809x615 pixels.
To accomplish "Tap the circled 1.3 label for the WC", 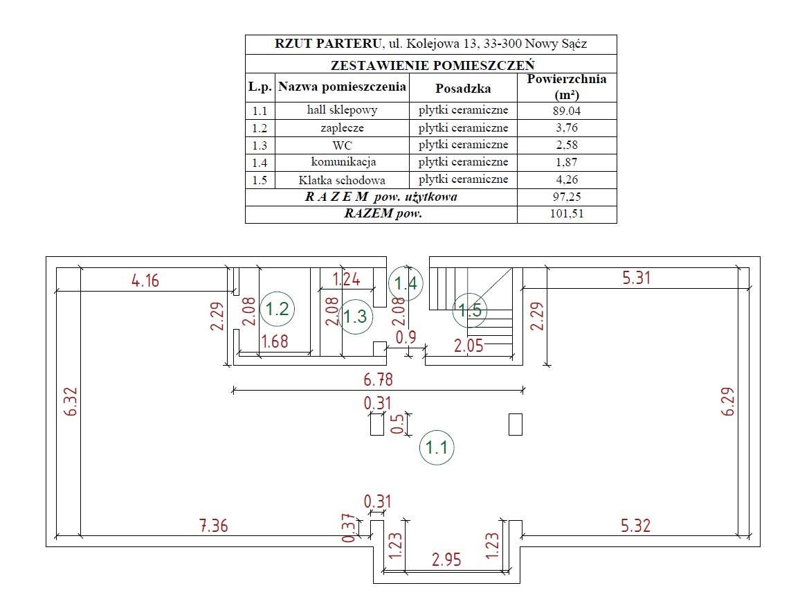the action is click(x=356, y=316).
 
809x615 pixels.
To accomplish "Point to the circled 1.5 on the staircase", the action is click(x=470, y=310).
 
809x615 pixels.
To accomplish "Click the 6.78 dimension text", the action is click(x=378, y=380).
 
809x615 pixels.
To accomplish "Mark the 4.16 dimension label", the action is click(x=145, y=281).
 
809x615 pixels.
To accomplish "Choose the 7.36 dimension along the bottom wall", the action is click(x=214, y=526).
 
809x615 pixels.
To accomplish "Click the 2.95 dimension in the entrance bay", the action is click(x=446, y=559).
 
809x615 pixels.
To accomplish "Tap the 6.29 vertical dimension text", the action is click(x=727, y=402).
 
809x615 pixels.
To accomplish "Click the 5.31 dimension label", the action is click(x=636, y=278).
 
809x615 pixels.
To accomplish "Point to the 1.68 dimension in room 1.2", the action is click(x=275, y=341).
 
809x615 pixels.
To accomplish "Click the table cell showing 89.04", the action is click(x=567, y=111).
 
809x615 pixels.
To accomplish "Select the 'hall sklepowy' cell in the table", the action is click(x=342, y=110).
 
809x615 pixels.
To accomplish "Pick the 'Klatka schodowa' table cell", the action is click(x=342, y=180).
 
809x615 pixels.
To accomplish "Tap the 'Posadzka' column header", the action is click(x=463, y=88).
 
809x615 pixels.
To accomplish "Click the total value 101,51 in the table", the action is click(x=567, y=214).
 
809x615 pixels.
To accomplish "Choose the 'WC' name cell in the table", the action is click(x=342, y=145).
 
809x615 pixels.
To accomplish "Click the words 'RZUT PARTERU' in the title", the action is click(x=328, y=44).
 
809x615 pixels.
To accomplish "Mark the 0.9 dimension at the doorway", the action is click(x=406, y=337).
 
